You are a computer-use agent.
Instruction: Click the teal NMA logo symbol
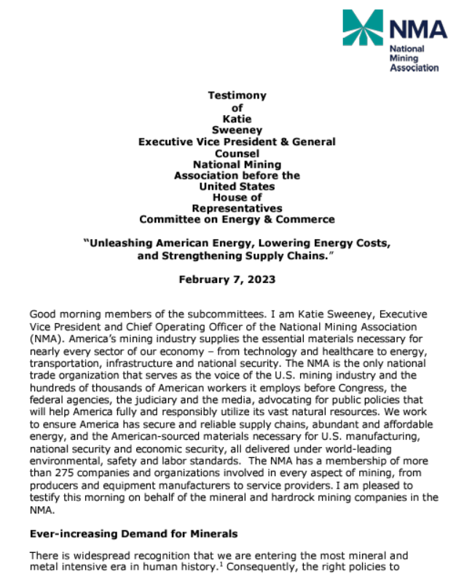362,28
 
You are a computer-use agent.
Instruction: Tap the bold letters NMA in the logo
417,28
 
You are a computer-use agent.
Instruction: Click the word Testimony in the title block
237,96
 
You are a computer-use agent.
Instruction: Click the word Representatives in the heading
237,208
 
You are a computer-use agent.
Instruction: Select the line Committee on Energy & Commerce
237,219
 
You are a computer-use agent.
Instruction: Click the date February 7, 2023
237,279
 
